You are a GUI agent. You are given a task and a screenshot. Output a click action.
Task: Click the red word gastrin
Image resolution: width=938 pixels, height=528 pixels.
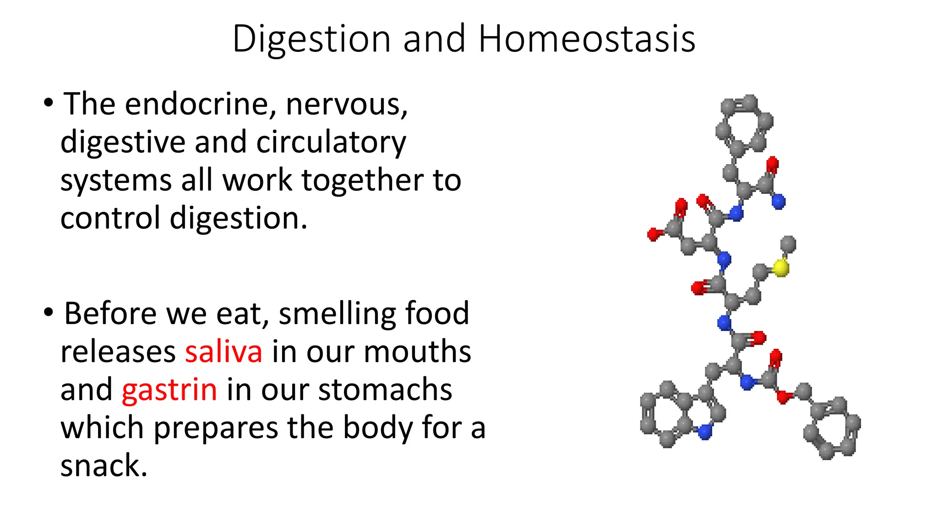click(x=169, y=390)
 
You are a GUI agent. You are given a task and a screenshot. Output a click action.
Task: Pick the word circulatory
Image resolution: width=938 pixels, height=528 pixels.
click(x=331, y=143)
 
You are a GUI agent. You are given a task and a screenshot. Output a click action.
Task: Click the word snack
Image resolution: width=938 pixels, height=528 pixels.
click(x=104, y=466)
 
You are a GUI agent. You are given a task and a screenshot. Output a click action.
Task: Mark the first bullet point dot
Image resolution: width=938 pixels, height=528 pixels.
click(x=49, y=103)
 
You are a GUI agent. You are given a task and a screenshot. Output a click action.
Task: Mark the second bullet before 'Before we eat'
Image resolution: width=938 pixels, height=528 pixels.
click(x=49, y=313)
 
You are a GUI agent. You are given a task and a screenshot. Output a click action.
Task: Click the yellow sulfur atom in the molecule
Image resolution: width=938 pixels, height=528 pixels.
click(x=781, y=268)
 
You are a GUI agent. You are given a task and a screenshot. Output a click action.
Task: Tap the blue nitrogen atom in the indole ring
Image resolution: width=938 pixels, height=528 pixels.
click(x=704, y=431)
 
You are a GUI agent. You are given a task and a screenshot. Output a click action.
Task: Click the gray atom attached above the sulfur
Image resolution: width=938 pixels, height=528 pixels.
click(x=788, y=244)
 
